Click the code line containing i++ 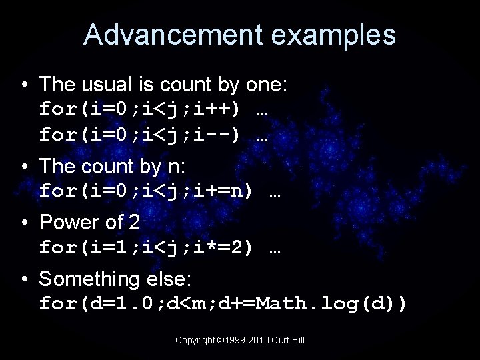click(x=153, y=109)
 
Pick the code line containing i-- click(x=153, y=135)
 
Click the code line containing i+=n click(x=159, y=191)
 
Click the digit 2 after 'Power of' click(x=133, y=222)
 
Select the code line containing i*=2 click(x=159, y=248)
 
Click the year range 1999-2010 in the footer click(x=247, y=340)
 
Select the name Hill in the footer click(x=297, y=340)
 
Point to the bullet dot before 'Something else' click(x=25, y=279)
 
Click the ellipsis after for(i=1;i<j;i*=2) click(x=274, y=249)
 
